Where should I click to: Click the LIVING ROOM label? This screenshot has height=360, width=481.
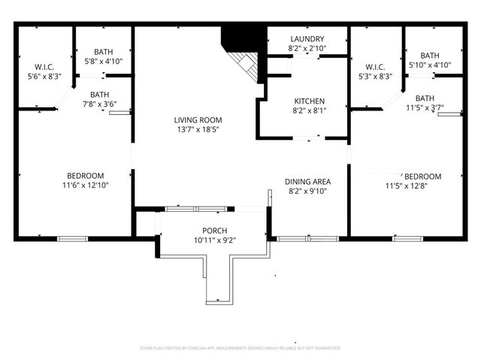click(198, 119)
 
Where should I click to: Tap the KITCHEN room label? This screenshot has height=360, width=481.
click(309, 101)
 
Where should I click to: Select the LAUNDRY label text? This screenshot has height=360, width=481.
click(307, 39)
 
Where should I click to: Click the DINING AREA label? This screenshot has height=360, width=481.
click(309, 182)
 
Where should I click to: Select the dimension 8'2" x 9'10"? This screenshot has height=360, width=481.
click(309, 192)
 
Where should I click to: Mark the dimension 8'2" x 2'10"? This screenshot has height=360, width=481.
click(307, 49)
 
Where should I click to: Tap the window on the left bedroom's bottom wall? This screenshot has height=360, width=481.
click(71, 239)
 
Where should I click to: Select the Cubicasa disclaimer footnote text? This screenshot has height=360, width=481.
click(240, 348)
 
